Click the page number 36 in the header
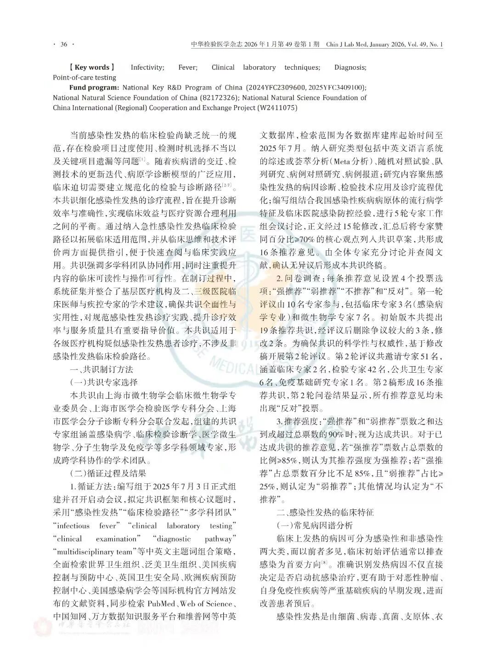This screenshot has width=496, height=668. pos(63,45)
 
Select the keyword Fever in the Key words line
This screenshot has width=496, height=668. pos(188,67)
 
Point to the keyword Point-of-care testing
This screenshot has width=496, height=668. pos(85,77)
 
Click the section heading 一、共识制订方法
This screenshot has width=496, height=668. pos(101,369)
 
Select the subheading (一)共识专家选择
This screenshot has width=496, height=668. pos(104,382)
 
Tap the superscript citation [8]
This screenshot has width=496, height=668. pos(324,561)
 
